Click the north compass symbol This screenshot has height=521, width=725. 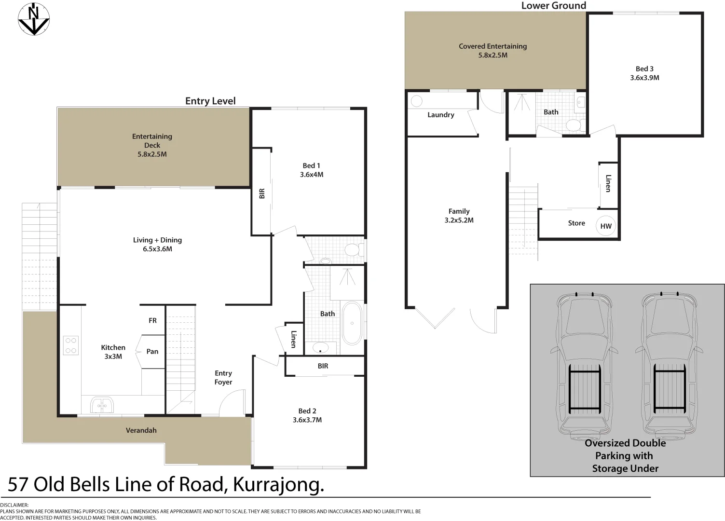pyautogui.click(x=34, y=19)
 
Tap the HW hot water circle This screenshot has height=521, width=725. pyautogui.click(x=606, y=226)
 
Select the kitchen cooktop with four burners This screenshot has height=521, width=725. pyautogui.click(x=70, y=345)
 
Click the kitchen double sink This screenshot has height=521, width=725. pyautogui.click(x=102, y=405)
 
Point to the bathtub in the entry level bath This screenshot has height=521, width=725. pyautogui.click(x=352, y=323)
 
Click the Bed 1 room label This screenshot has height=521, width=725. pyautogui.click(x=311, y=165)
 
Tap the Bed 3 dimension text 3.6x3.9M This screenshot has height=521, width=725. pyautogui.click(x=644, y=78)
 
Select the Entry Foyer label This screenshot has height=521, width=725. pyautogui.click(x=223, y=378)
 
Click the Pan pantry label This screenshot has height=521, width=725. pyautogui.click(x=152, y=351)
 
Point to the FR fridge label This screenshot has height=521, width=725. pyautogui.click(x=152, y=320)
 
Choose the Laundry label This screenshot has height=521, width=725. pyautogui.click(x=441, y=115)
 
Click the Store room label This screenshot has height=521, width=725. pyautogui.click(x=576, y=223)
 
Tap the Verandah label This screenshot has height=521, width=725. pyautogui.click(x=141, y=430)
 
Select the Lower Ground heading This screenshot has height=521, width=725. pyautogui.click(x=553, y=5)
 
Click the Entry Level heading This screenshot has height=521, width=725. pyautogui.click(x=210, y=101)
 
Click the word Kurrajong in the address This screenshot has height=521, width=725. pyautogui.click(x=278, y=485)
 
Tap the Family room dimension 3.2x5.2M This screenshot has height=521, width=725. pyautogui.click(x=459, y=220)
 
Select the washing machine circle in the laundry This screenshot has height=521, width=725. pyautogui.click(x=417, y=101)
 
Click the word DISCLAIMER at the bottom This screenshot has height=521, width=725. pyautogui.click(x=14, y=505)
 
